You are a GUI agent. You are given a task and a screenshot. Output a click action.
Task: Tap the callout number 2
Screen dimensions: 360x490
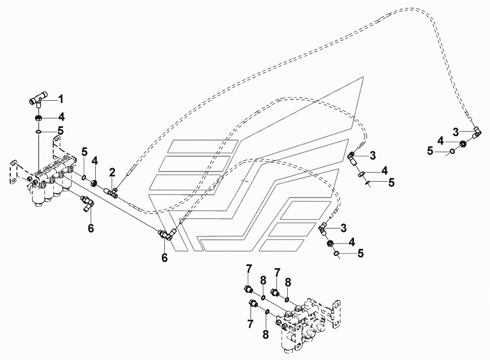pos(112,172)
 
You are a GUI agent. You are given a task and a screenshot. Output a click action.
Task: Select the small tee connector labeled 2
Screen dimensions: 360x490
pos(113,192)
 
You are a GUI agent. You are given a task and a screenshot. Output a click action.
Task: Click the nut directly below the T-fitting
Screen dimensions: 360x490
pos(38,119)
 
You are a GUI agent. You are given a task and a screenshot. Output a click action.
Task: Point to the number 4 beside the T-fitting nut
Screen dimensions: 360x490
pos(62,118)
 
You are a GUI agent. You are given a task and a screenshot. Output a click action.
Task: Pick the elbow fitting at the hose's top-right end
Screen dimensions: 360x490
pos(477,132)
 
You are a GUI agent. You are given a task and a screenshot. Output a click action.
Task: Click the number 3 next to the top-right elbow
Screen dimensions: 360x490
pos(456,132)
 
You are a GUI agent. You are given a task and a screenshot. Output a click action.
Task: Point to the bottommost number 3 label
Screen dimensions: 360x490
pos(343,228)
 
